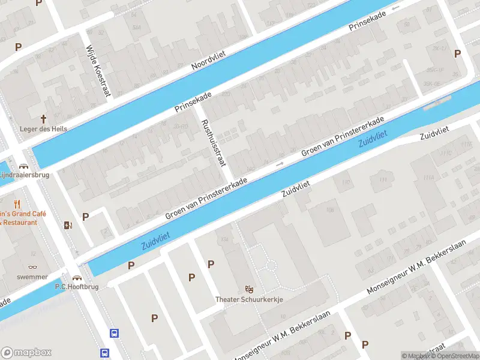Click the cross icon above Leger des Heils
43,119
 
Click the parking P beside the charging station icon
85,217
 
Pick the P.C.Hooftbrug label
76,286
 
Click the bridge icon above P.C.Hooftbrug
77,277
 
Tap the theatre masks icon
249,289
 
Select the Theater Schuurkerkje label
249,299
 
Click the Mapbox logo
26,353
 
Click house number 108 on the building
329,210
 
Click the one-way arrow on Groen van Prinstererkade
279,163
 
